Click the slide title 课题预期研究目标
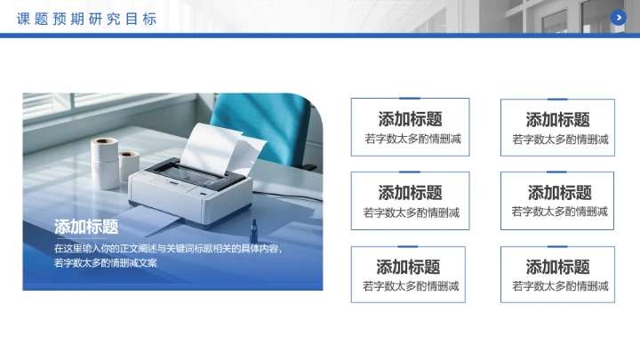tap(86, 18)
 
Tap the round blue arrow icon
tap(619, 17)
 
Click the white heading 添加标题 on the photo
tap(86, 226)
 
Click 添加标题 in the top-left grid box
tap(410, 119)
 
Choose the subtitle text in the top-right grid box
tap(560, 139)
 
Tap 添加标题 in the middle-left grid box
tap(410, 192)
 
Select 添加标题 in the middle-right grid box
tap(559, 192)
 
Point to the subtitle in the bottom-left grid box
tap(411, 285)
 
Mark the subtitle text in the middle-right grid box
tap(559, 212)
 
